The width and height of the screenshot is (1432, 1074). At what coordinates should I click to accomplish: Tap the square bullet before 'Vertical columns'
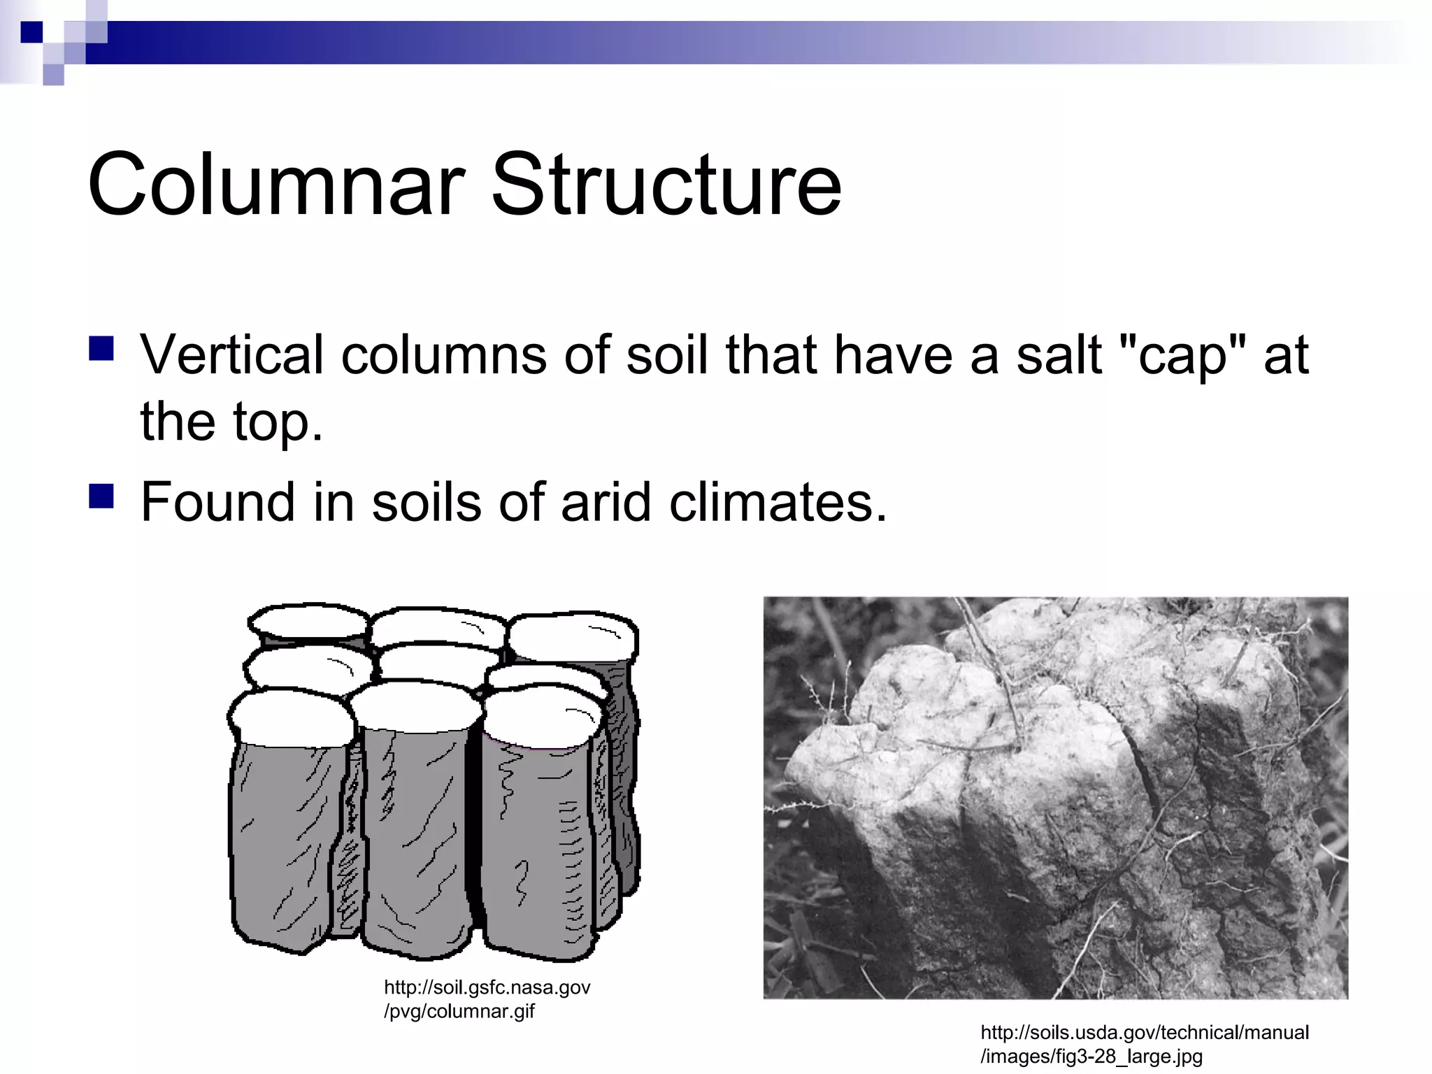click(101, 348)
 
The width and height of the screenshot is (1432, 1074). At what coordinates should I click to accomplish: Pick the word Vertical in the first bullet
click(231, 355)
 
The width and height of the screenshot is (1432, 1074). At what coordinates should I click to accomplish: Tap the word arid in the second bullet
click(606, 502)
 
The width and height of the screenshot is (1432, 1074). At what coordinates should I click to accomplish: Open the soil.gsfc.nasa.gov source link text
click(487, 987)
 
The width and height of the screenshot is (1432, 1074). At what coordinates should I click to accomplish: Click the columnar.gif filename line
click(459, 1011)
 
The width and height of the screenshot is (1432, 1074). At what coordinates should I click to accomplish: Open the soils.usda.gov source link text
click(1145, 1032)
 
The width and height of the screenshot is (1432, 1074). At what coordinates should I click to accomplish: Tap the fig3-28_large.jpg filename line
click(1091, 1056)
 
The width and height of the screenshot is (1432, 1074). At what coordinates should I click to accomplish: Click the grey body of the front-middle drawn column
click(413, 839)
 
